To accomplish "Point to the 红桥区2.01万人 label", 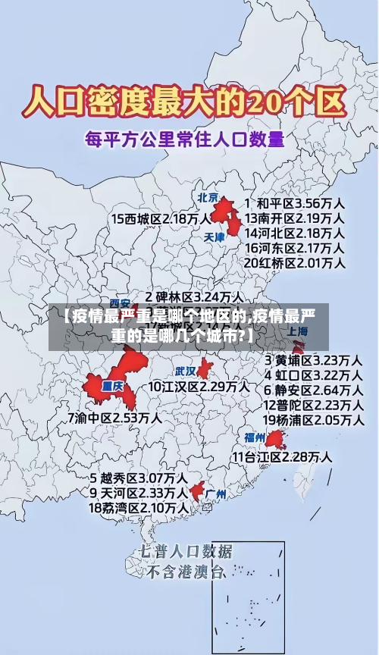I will click(296, 262).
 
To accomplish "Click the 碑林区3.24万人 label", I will click(195, 296).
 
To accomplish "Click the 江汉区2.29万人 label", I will click(199, 387).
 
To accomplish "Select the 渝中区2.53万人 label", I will click(114, 418).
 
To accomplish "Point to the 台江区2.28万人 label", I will click(282, 456).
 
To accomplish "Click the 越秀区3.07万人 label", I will click(139, 478).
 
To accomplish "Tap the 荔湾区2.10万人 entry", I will click(139, 507).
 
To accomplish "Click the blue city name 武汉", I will click(186, 371).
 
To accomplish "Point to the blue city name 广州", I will click(216, 494).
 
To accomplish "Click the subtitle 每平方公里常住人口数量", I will click(184, 139).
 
